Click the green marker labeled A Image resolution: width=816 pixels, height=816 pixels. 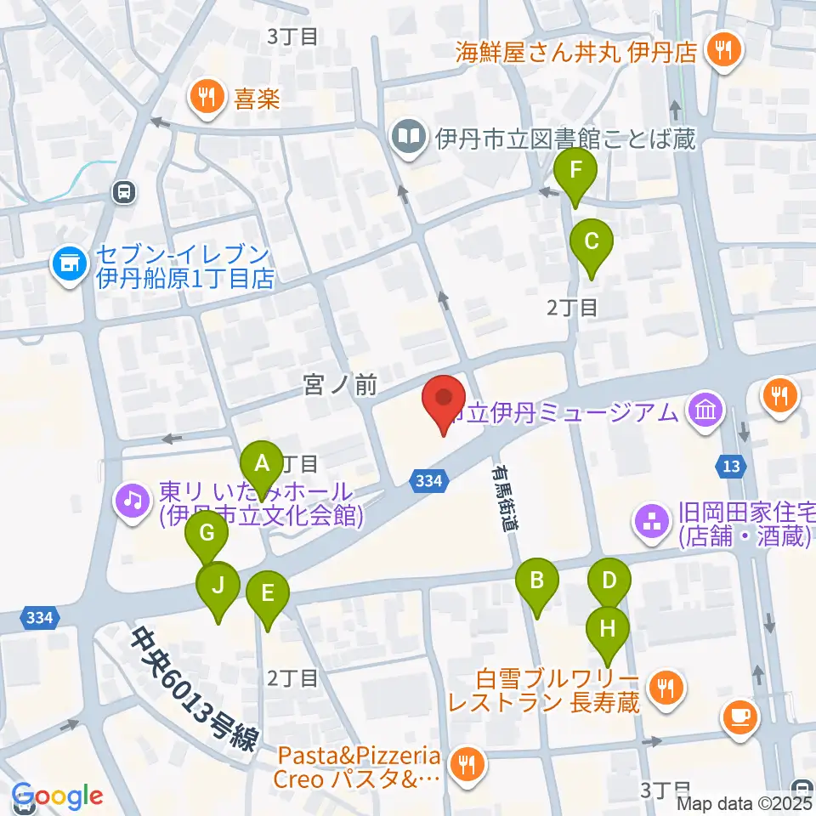click(x=262, y=464)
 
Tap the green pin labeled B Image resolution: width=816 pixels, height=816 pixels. click(x=536, y=581)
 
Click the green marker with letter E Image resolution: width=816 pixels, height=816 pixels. click(x=267, y=592)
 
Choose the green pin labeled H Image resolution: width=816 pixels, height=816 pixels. click(x=608, y=630)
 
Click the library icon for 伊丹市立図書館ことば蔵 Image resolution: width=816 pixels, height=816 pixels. click(x=409, y=136)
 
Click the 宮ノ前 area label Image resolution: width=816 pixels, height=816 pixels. click(x=339, y=387)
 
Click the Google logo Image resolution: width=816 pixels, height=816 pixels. click(x=58, y=796)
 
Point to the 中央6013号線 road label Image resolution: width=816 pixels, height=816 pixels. click(x=194, y=690)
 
